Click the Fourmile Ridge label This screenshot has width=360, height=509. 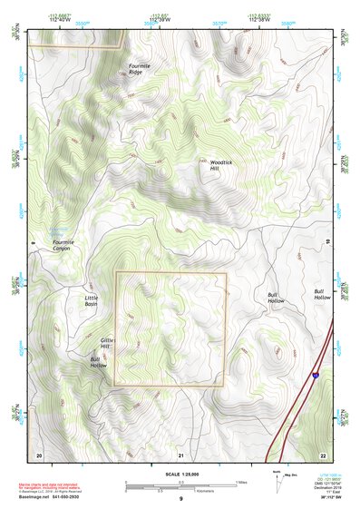(x=140, y=68)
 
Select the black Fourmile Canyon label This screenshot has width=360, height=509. (x=65, y=246)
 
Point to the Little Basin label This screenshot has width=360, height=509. (x=92, y=300)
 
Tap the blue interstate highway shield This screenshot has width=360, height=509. (x=315, y=374)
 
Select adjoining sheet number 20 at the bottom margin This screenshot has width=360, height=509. (x=38, y=454)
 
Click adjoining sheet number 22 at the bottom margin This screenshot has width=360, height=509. (x=323, y=454)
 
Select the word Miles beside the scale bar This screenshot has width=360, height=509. (x=240, y=481)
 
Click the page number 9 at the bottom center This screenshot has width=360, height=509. (x=180, y=500)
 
